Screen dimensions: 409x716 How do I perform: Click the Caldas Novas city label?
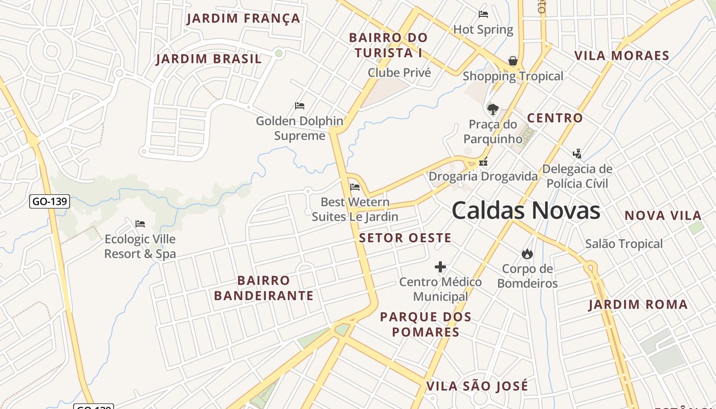526,211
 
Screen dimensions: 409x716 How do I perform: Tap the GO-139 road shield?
49,201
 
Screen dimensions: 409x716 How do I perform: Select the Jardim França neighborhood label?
243,18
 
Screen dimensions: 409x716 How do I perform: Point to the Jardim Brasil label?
209,59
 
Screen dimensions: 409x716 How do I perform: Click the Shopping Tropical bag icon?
513,61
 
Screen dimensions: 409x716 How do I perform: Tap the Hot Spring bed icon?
483,14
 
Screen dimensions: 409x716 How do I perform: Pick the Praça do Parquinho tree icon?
493,109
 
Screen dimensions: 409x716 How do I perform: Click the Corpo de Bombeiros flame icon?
527,254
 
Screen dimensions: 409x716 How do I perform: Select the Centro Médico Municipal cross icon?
440,267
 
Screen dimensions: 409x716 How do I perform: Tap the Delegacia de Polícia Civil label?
577,176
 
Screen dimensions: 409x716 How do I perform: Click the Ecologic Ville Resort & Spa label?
140,246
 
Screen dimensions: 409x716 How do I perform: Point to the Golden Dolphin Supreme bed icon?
300,106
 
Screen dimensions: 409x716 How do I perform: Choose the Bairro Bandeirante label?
263,288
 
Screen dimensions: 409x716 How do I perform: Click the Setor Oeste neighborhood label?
405,238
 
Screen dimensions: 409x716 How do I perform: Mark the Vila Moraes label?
622,56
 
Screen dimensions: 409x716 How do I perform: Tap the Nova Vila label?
663,216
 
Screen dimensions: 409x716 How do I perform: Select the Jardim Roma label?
638,305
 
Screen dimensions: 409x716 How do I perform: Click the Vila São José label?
477,386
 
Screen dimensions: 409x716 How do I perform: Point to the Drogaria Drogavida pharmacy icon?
483,163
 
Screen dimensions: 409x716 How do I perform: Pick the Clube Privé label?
399,73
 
